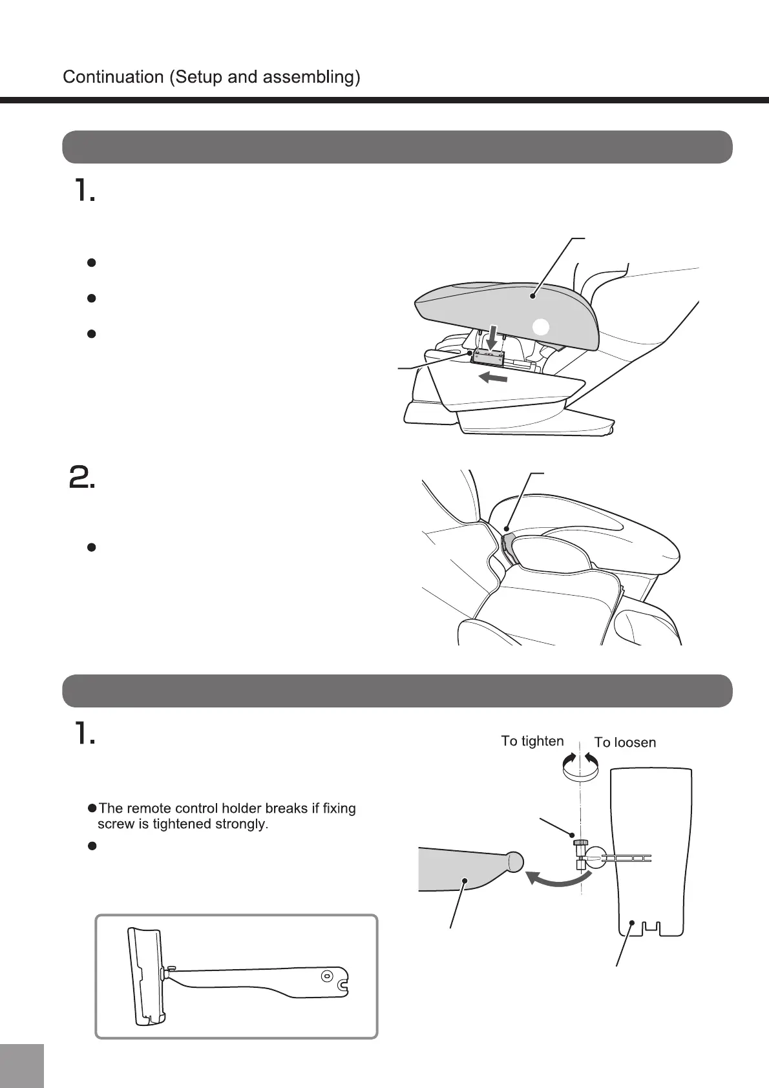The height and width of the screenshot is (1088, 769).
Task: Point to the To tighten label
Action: [x=532, y=741]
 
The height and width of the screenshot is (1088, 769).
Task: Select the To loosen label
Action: [x=625, y=742]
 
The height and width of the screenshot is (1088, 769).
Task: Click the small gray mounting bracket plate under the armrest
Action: [x=490, y=356]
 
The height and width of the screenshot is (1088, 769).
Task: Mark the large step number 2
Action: [x=82, y=478]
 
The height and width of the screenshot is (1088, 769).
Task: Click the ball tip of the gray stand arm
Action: [x=514, y=862]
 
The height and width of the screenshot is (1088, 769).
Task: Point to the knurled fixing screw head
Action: [x=578, y=841]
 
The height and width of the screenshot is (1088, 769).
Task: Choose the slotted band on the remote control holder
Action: [x=626, y=859]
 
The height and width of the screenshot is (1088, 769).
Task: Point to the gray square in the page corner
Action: [x=22, y=1065]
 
